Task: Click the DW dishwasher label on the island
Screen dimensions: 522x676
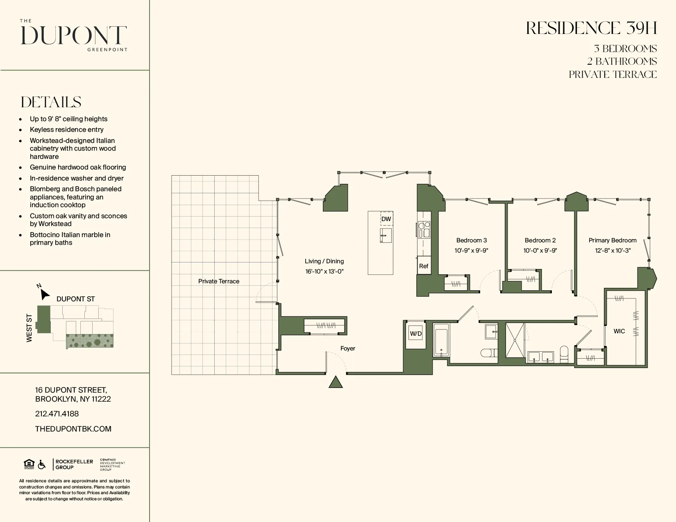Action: [386, 219]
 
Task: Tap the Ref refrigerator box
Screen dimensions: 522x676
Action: [424, 266]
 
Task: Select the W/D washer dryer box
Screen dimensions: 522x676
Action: [416, 334]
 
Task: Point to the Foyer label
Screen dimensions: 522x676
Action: [347, 348]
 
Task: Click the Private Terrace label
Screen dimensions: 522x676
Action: [218, 281]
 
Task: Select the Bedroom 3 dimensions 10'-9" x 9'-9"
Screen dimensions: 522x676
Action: [471, 251]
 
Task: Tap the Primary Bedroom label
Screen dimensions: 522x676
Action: [612, 240]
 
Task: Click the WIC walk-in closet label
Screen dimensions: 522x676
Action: [619, 331]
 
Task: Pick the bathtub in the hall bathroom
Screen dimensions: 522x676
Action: [441, 340]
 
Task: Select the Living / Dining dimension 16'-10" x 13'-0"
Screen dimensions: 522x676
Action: [324, 271]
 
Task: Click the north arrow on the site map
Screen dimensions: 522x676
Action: [44, 294]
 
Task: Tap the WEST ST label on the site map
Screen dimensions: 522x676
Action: [29, 328]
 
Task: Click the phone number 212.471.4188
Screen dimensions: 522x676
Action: [57, 414]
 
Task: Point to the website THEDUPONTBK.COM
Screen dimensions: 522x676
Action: [73, 429]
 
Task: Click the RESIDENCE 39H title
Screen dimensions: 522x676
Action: [591, 28]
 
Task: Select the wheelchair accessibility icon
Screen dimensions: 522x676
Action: [41, 465]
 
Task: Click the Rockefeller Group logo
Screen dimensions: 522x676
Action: [74, 464]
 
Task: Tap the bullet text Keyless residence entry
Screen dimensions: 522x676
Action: [66, 130]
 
